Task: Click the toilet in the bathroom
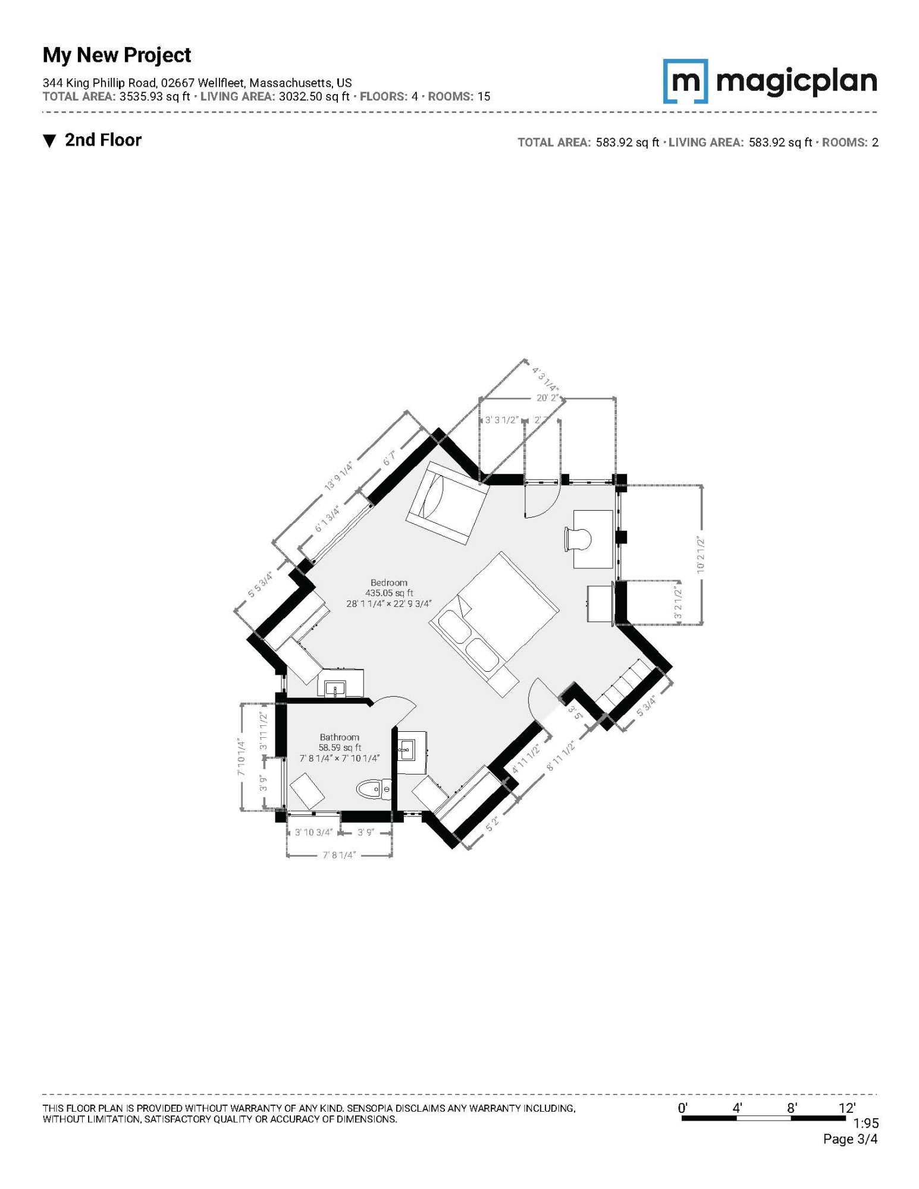(x=374, y=789)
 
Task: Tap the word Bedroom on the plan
(x=389, y=583)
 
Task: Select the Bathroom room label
(x=339, y=737)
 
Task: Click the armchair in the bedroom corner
(x=447, y=503)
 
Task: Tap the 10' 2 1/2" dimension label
(x=701, y=554)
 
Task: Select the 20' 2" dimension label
(x=547, y=398)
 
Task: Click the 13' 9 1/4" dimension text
(x=338, y=476)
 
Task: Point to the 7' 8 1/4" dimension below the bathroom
(x=339, y=855)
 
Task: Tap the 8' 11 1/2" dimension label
(x=561, y=756)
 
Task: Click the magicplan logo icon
(x=685, y=81)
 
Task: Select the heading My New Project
(x=117, y=55)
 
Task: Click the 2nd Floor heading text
(x=103, y=140)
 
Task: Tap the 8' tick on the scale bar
(x=792, y=1108)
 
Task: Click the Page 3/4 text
(x=850, y=1139)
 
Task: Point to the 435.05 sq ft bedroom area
(x=389, y=593)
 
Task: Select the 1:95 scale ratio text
(x=865, y=1123)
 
